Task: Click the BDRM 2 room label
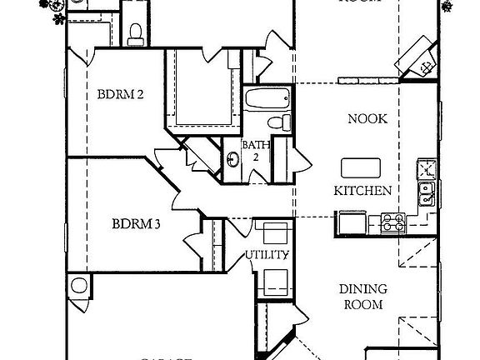(121, 94)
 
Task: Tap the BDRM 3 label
(136, 223)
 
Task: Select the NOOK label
(367, 119)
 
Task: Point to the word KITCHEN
(362, 191)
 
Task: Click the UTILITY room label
(267, 255)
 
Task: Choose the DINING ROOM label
(362, 297)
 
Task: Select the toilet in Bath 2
(287, 122)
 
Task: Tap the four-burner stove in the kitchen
(393, 222)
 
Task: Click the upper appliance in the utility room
(274, 233)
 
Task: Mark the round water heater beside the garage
(79, 286)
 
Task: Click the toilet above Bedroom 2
(135, 32)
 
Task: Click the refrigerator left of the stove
(350, 222)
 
